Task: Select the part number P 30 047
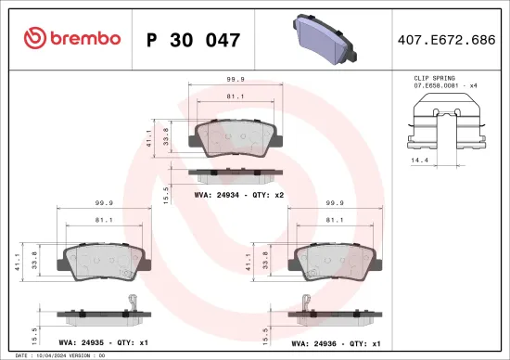pyautogui.click(x=193, y=40)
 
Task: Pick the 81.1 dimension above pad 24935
pyautogui.click(x=104, y=220)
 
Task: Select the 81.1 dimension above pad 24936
pyautogui.click(x=337, y=220)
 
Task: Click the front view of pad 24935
pyautogui.click(x=104, y=264)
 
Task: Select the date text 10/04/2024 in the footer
pyautogui.click(x=52, y=355)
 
